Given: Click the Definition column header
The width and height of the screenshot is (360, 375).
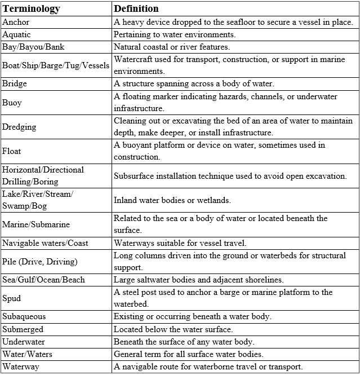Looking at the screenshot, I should pos(136,9).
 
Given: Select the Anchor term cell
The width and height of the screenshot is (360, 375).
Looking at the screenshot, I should pos(16,22).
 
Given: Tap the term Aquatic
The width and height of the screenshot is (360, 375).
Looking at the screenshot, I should pos(17,34).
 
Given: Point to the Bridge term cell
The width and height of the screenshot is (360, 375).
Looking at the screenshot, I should pos(15,83).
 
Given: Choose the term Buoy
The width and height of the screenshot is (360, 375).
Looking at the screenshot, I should pos(12,102).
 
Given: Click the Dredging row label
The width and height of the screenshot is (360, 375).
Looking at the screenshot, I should pos(19,127).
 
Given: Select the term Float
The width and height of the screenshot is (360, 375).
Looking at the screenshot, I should pos(12,151).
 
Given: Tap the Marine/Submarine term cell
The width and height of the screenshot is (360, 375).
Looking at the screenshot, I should pos(36,224).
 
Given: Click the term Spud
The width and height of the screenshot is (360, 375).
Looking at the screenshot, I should pos(12,298).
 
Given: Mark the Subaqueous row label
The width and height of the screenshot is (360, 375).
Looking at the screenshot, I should pos(24,316).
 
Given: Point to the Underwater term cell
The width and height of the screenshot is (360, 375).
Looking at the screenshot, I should pos(24,341).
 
